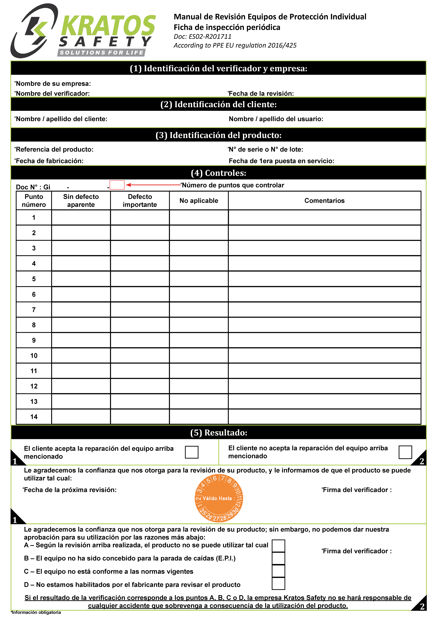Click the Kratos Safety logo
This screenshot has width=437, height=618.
(x=84, y=31)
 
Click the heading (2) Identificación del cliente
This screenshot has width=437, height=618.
(x=218, y=104)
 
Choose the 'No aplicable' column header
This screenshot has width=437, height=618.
(x=199, y=201)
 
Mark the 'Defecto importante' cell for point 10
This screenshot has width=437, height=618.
(x=140, y=356)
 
